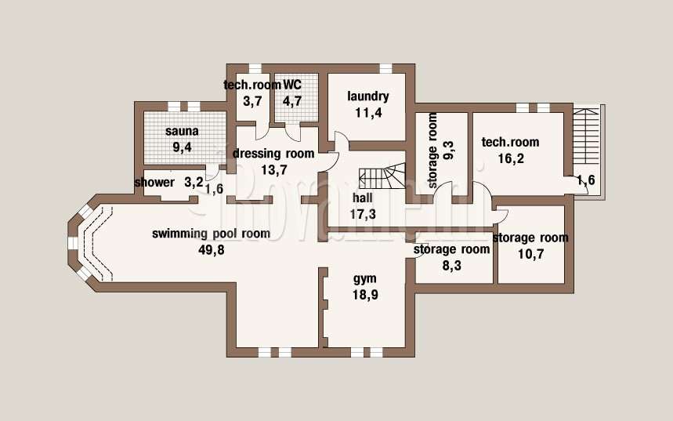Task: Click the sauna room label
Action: tap(182, 131)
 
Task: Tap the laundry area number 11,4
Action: tap(368, 113)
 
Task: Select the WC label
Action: tap(292, 85)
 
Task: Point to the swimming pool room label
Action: tap(212, 234)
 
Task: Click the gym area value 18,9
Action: tap(365, 295)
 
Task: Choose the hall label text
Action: tap(363, 198)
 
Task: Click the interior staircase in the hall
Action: tap(382, 176)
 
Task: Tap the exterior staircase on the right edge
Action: tap(586, 136)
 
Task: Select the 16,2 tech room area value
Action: tap(511, 159)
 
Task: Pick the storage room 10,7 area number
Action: tap(531, 254)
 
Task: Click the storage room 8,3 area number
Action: tap(452, 266)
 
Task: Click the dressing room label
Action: tap(273, 154)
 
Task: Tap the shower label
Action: tap(154, 183)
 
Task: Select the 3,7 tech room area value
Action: tap(252, 101)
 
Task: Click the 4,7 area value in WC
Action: tap(292, 101)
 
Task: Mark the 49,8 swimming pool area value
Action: tap(212, 250)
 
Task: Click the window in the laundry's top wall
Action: tap(386, 68)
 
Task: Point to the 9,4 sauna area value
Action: tap(182, 147)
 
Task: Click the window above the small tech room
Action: tap(255, 68)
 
